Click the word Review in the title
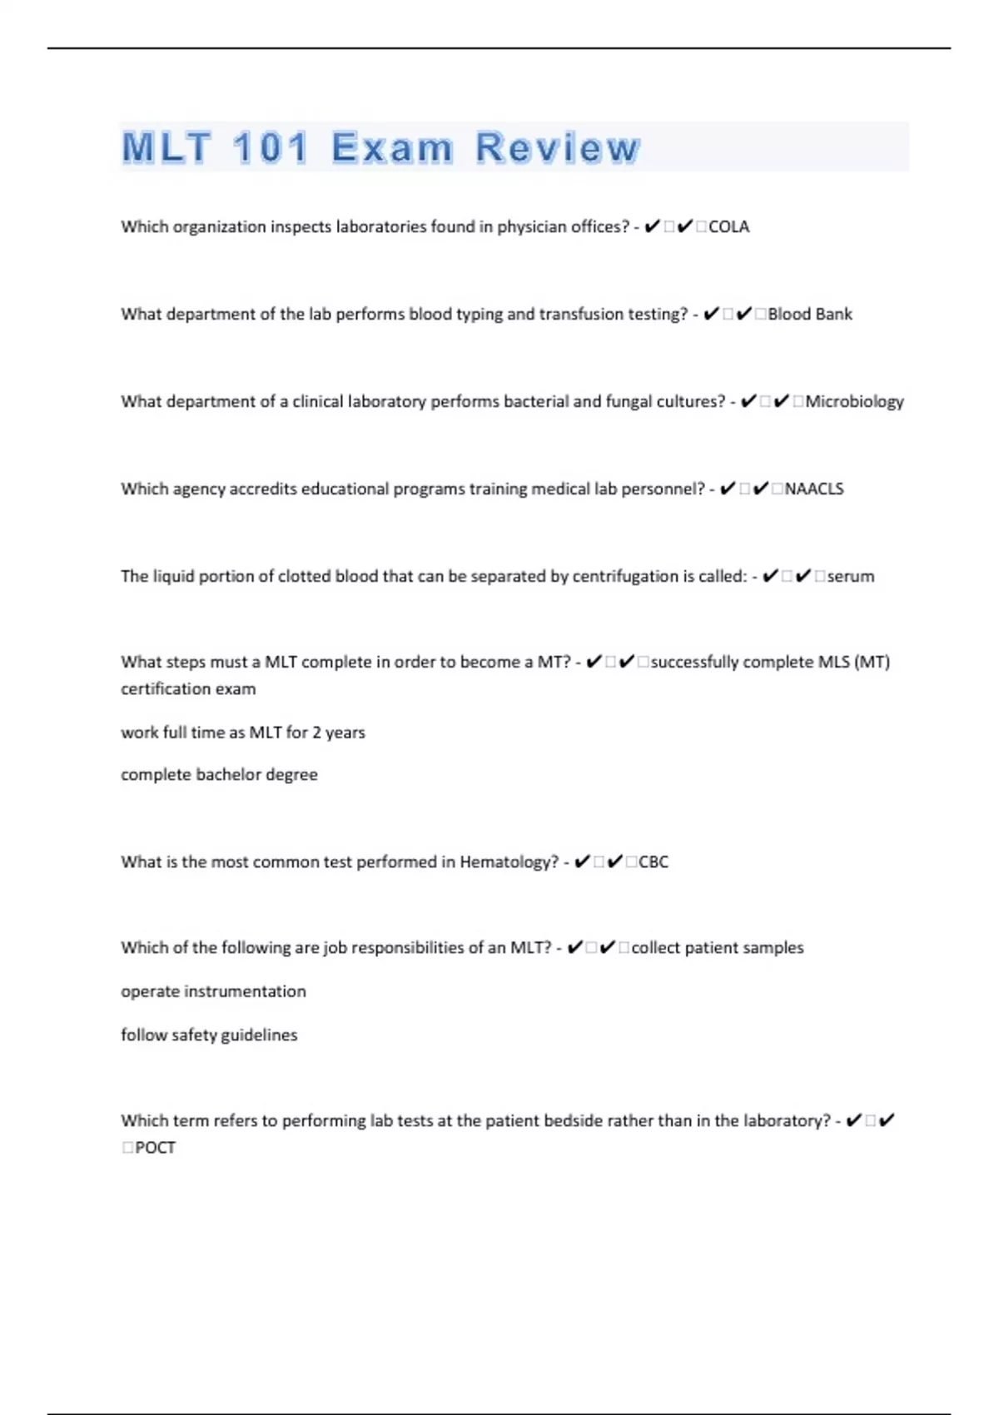point(557,148)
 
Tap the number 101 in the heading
point(271,148)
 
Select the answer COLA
point(728,226)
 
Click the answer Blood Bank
point(809,314)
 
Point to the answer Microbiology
point(854,401)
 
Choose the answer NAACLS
point(813,489)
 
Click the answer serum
point(850,576)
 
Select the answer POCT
point(155,1147)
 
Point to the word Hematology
point(509,861)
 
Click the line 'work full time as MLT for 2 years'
point(243,732)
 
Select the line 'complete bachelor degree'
point(219,774)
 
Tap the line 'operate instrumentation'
point(213,991)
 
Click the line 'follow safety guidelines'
point(209,1035)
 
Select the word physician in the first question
point(532,226)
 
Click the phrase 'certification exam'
point(188,688)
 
